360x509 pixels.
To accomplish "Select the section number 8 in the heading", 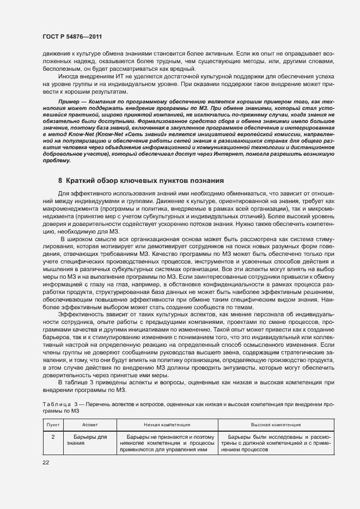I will click(x=60, y=180).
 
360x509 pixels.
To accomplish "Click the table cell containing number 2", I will click(x=53, y=437).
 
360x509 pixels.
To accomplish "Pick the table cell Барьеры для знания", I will click(x=89, y=440).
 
